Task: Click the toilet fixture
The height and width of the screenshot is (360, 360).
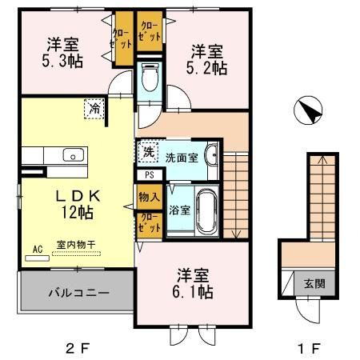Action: point(150,78)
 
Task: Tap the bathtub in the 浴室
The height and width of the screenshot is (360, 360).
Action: point(206,211)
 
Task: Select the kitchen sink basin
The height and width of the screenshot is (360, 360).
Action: point(74,154)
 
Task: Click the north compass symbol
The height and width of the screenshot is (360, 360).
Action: point(308,110)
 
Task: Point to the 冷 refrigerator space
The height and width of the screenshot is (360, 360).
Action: point(94,109)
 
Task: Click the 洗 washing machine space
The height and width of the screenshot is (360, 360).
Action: point(148,152)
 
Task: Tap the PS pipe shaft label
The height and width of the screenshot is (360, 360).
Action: point(150,175)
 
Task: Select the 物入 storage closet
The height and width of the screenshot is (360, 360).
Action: point(150,197)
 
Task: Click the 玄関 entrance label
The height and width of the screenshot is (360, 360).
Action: point(314,283)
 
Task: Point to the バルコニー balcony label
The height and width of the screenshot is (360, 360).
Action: point(79,293)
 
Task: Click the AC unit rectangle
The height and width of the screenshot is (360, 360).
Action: point(38,258)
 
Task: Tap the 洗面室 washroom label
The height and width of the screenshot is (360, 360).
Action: point(182,158)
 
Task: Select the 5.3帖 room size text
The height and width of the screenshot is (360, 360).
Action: point(62,62)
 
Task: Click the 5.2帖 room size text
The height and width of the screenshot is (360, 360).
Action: point(206,68)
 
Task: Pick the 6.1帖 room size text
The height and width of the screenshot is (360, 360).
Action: point(193,291)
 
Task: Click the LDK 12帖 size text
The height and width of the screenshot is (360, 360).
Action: point(78,213)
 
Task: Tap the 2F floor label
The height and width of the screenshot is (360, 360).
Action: point(78,348)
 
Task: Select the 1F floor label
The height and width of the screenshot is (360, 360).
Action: point(309,348)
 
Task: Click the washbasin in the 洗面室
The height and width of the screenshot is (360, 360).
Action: point(210,155)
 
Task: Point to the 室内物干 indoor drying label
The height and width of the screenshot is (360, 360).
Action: point(76,245)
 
